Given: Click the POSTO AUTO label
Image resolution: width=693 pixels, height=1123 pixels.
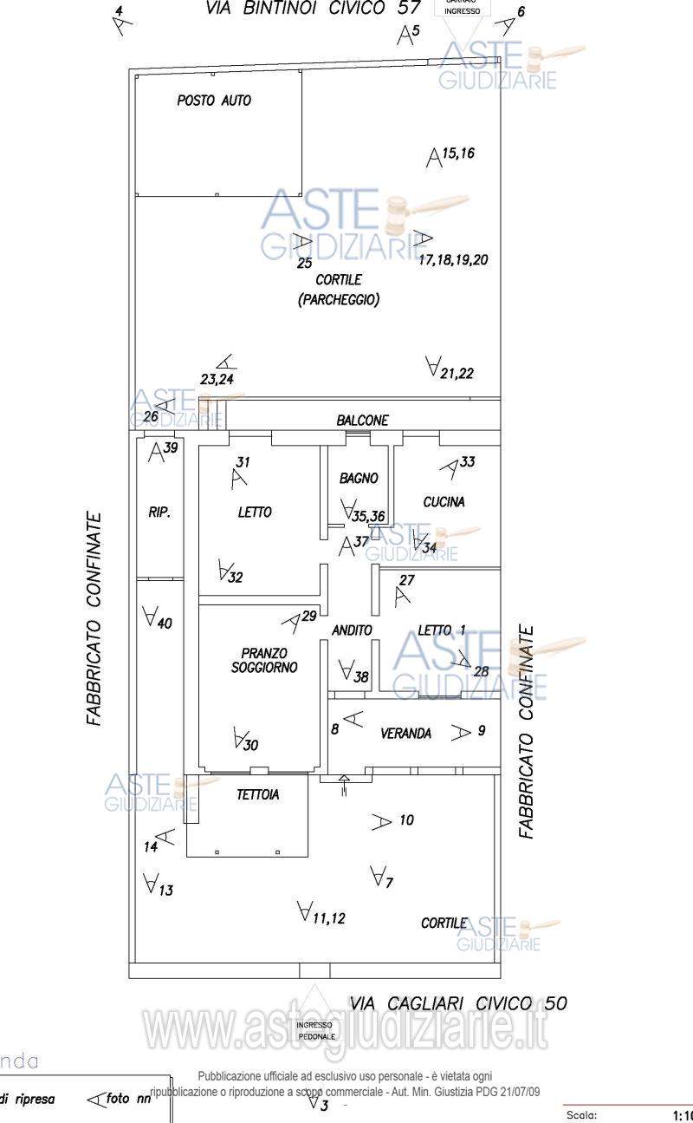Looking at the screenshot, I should tap(214, 101).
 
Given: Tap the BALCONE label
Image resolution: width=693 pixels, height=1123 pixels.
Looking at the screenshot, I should tap(363, 420).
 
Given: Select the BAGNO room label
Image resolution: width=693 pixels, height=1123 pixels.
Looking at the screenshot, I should tap(359, 478).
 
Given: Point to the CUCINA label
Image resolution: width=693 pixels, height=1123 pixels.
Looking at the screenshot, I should tap(444, 501).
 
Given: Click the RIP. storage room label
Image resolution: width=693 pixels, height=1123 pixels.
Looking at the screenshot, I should tap(159, 513).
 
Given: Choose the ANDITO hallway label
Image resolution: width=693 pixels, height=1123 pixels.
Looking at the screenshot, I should tap(352, 630).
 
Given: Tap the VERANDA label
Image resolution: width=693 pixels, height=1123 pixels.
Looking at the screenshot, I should tap(405, 734).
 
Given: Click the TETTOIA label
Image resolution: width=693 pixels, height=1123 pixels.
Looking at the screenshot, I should tap(258, 794).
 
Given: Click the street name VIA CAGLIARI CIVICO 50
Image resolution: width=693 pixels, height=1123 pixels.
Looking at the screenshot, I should tap(458, 1003).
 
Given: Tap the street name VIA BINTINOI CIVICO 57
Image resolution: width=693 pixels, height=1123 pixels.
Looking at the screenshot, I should tap(313, 9).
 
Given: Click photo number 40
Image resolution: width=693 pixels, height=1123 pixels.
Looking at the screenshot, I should tap(165, 623).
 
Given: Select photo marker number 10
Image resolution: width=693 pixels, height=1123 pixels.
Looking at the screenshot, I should tap(407, 819).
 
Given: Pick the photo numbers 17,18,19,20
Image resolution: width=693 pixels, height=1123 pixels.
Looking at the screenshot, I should tap(453, 259).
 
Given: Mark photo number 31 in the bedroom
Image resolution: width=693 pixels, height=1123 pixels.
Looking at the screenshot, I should tap(243, 461).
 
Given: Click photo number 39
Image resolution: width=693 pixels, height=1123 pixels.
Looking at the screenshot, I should tap(171, 447).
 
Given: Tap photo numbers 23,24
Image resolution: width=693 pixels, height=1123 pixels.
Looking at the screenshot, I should tap(217, 379).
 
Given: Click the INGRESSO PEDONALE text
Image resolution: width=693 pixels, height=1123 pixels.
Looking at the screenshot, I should tap(315, 1030).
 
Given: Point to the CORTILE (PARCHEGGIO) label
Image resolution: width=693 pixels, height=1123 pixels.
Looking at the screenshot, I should tap(339, 290).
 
